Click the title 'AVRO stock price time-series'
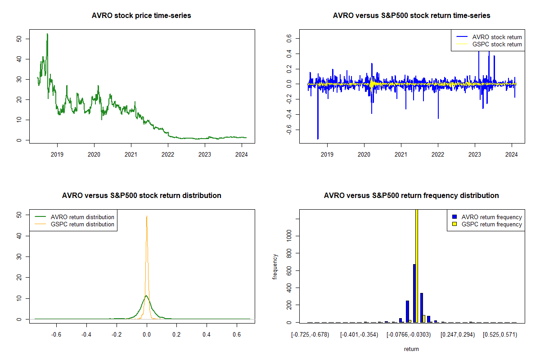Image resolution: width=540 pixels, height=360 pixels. click(141, 16)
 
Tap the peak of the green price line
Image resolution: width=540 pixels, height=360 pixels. click(47, 34)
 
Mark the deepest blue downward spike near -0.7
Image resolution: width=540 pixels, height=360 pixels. click(318, 138)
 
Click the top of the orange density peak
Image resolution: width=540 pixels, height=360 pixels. click(147, 216)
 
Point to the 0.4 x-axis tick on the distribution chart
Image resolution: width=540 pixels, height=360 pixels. click(207, 335)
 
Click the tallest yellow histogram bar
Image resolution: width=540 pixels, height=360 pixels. click(417, 265)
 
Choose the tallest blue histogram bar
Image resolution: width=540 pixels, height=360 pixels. click(414, 293)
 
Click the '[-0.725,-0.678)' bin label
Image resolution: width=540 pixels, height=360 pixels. click(310, 335)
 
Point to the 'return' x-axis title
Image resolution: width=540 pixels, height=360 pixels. click(411, 349)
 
